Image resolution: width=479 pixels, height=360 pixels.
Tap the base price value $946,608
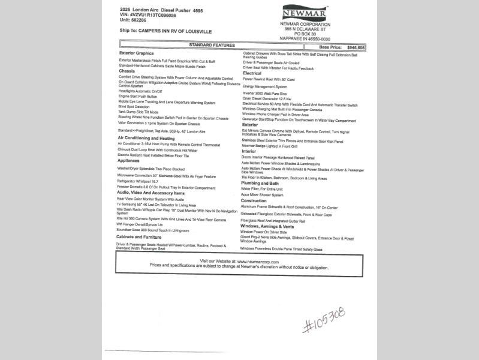pyautogui.click(x=353, y=47)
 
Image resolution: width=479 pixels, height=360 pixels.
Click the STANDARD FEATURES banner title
pyautogui.click(x=212, y=45)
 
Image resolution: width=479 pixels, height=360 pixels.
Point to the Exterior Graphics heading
pyautogui.click(x=136, y=53)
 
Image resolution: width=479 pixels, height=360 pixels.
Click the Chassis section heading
pyautogui.click(x=126, y=71)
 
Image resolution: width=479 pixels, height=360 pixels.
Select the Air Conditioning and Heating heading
pyautogui.click(x=146, y=138)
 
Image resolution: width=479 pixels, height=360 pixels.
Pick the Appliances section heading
pyautogui.click(x=128, y=161)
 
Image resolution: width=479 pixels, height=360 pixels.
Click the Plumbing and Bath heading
pyautogui.click(x=260, y=183)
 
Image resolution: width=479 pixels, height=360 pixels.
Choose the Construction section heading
pyautogui.click(x=254, y=200)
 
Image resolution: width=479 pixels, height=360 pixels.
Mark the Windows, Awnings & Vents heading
pyautogui.click(x=267, y=226)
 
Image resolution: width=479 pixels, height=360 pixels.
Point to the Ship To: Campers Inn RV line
pyautogui.click(x=165, y=30)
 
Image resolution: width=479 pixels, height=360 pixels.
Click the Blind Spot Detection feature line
pyautogui.click(x=134, y=107)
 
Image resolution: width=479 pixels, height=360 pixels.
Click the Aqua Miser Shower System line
pyautogui.click(x=262, y=195)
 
